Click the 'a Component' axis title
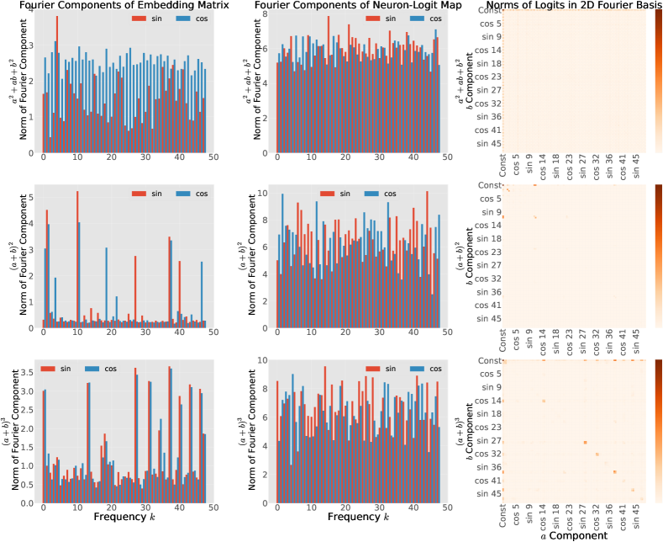pyautogui.click(x=573, y=535)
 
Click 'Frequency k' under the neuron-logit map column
pyautogui.click(x=359, y=516)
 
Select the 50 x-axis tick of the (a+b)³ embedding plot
pyautogui.click(x=214, y=507)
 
